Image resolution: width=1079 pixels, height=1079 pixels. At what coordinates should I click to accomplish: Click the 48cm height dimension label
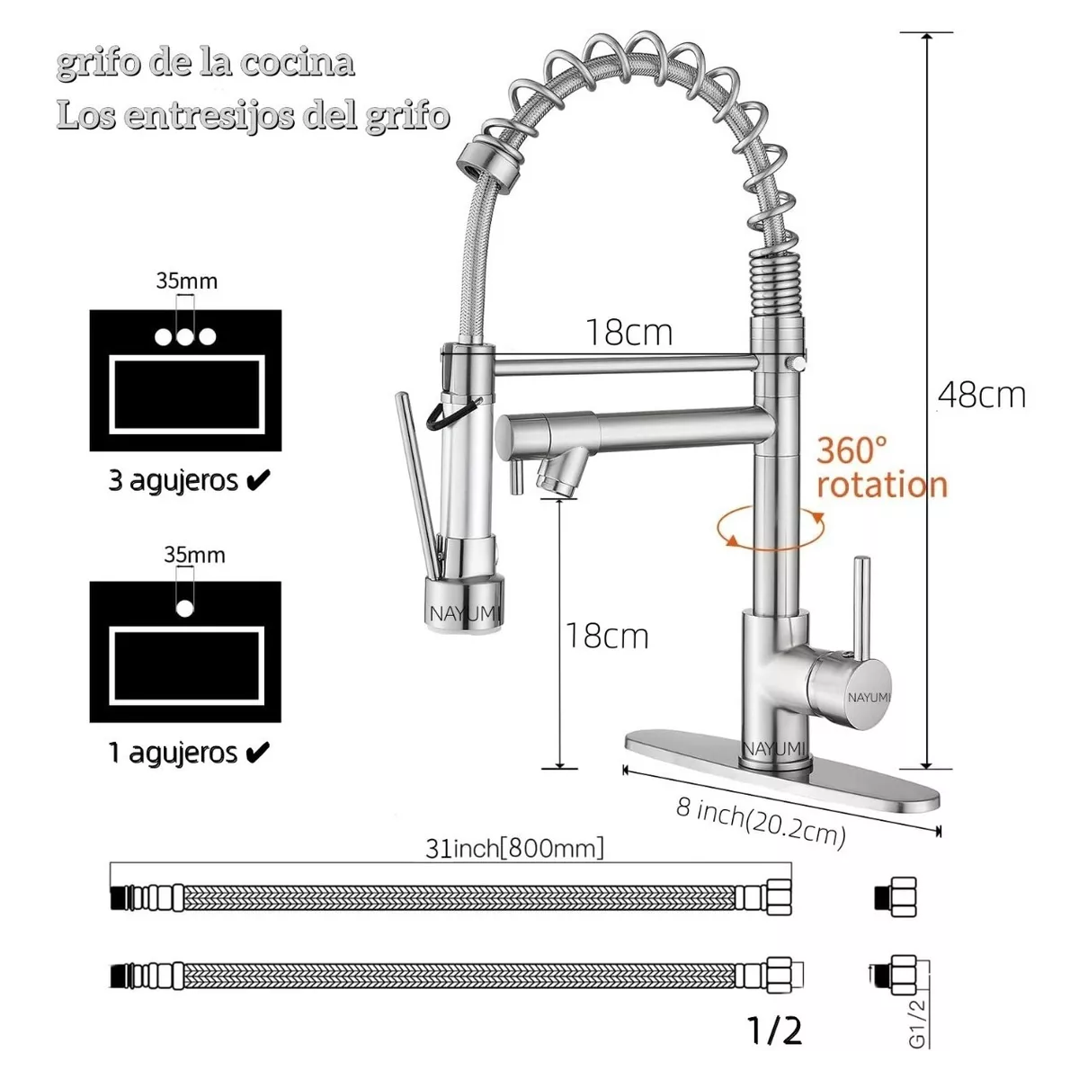point(982,395)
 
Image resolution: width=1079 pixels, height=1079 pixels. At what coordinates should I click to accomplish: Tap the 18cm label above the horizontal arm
point(629,333)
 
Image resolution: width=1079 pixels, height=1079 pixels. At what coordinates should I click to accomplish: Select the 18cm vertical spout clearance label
point(606,636)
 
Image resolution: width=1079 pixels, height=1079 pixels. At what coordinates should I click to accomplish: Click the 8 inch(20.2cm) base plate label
point(761,822)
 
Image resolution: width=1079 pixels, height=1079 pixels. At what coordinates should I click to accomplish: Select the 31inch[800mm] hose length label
point(514,848)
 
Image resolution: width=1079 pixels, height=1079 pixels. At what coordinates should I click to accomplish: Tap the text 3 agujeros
point(173,480)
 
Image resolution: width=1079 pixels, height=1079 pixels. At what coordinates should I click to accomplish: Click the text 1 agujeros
point(173,752)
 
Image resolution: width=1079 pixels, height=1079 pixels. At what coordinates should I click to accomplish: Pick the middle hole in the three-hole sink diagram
point(185,337)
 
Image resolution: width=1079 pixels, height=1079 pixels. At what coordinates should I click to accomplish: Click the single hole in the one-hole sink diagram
point(185,608)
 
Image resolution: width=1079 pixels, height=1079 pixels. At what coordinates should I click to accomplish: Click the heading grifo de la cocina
point(205,63)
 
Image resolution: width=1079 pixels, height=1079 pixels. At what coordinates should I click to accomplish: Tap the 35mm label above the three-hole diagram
point(186,281)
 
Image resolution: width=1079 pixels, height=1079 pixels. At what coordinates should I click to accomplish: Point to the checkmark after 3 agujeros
point(257,480)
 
